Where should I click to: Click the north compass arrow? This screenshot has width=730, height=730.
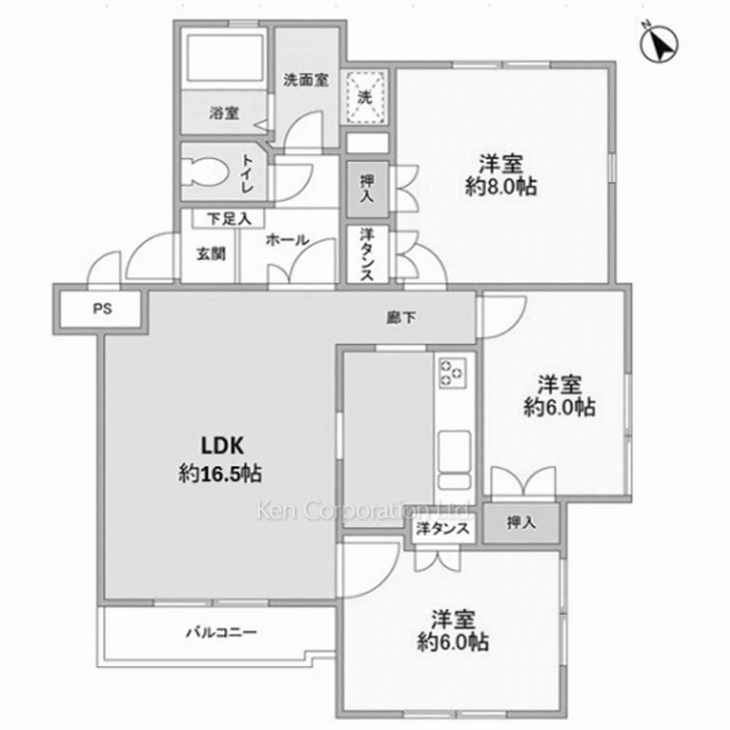pyautogui.click(x=659, y=44)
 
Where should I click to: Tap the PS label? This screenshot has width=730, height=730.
pyautogui.click(x=102, y=309)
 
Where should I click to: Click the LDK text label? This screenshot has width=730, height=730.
pyautogui.click(x=222, y=445)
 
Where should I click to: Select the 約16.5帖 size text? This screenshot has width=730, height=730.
pyautogui.click(x=220, y=474)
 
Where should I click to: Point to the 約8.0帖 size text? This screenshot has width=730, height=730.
pyautogui.click(x=501, y=187)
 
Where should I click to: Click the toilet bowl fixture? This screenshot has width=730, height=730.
pyautogui.click(x=205, y=173)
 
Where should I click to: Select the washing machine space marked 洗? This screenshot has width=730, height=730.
pyautogui.click(x=364, y=97)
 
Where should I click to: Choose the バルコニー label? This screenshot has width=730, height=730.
pyautogui.click(x=222, y=632)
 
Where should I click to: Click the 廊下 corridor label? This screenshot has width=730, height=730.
pyautogui.click(x=401, y=318)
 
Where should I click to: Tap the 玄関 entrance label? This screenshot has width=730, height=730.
pyautogui.click(x=211, y=254)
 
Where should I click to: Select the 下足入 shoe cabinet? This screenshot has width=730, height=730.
pyautogui.click(x=228, y=218)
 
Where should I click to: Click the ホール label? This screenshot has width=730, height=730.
pyautogui.click(x=287, y=239)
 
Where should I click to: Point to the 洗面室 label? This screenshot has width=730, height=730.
pyautogui.click(x=306, y=80)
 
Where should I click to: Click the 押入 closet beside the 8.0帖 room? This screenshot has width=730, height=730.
pyautogui.click(x=367, y=189)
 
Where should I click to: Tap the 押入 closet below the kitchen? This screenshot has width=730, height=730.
pyautogui.click(x=521, y=523)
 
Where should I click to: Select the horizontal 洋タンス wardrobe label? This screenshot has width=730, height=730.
pyautogui.click(x=442, y=529)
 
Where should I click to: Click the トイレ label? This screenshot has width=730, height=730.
pyautogui.click(x=247, y=173)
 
